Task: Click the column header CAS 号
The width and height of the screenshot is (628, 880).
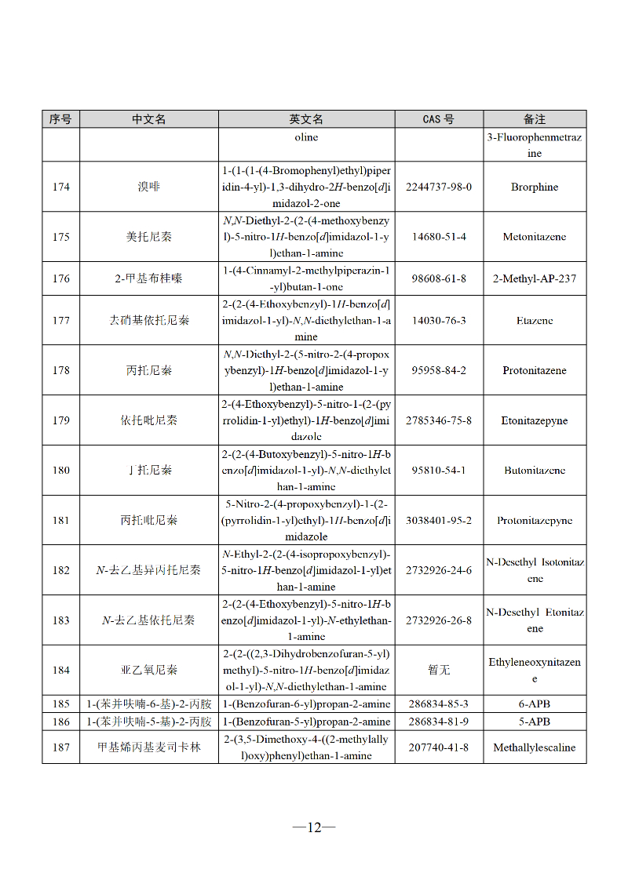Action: (x=439, y=119)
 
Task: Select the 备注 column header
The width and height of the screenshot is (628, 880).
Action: (x=535, y=119)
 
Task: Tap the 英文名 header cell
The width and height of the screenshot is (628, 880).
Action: (x=306, y=119)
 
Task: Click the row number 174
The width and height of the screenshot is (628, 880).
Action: (x=61, y=187)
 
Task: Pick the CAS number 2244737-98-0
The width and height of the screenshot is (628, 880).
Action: (x=439, y=187)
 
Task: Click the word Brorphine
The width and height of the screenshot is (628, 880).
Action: (x=535, y=187)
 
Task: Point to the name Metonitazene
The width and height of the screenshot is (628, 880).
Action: (x=535, y=237)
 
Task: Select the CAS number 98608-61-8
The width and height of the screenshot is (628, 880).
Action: (x=439, y=278)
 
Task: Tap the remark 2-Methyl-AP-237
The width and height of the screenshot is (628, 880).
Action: (x=535, y=278)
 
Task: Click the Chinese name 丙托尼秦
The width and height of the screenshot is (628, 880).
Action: (x=148, y=370)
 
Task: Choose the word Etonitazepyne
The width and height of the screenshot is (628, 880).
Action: (x=535, y=420)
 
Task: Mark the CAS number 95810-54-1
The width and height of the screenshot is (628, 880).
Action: (x=439, y=471)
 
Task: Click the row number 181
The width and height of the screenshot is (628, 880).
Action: (x=61, y=520)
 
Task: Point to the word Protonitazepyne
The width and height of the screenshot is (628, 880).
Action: (x=535, y=520)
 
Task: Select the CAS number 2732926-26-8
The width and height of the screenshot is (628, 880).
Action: (x=439, y=620)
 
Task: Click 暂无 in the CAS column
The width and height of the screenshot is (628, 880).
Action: (x=439, y=670)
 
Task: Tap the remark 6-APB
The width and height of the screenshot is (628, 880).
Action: (x=535, y=704)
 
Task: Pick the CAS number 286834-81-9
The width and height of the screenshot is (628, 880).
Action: (x=439, y=722)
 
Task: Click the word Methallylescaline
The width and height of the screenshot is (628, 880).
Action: (x=535, y=747)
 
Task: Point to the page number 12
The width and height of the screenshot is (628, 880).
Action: (x=314, y=827)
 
